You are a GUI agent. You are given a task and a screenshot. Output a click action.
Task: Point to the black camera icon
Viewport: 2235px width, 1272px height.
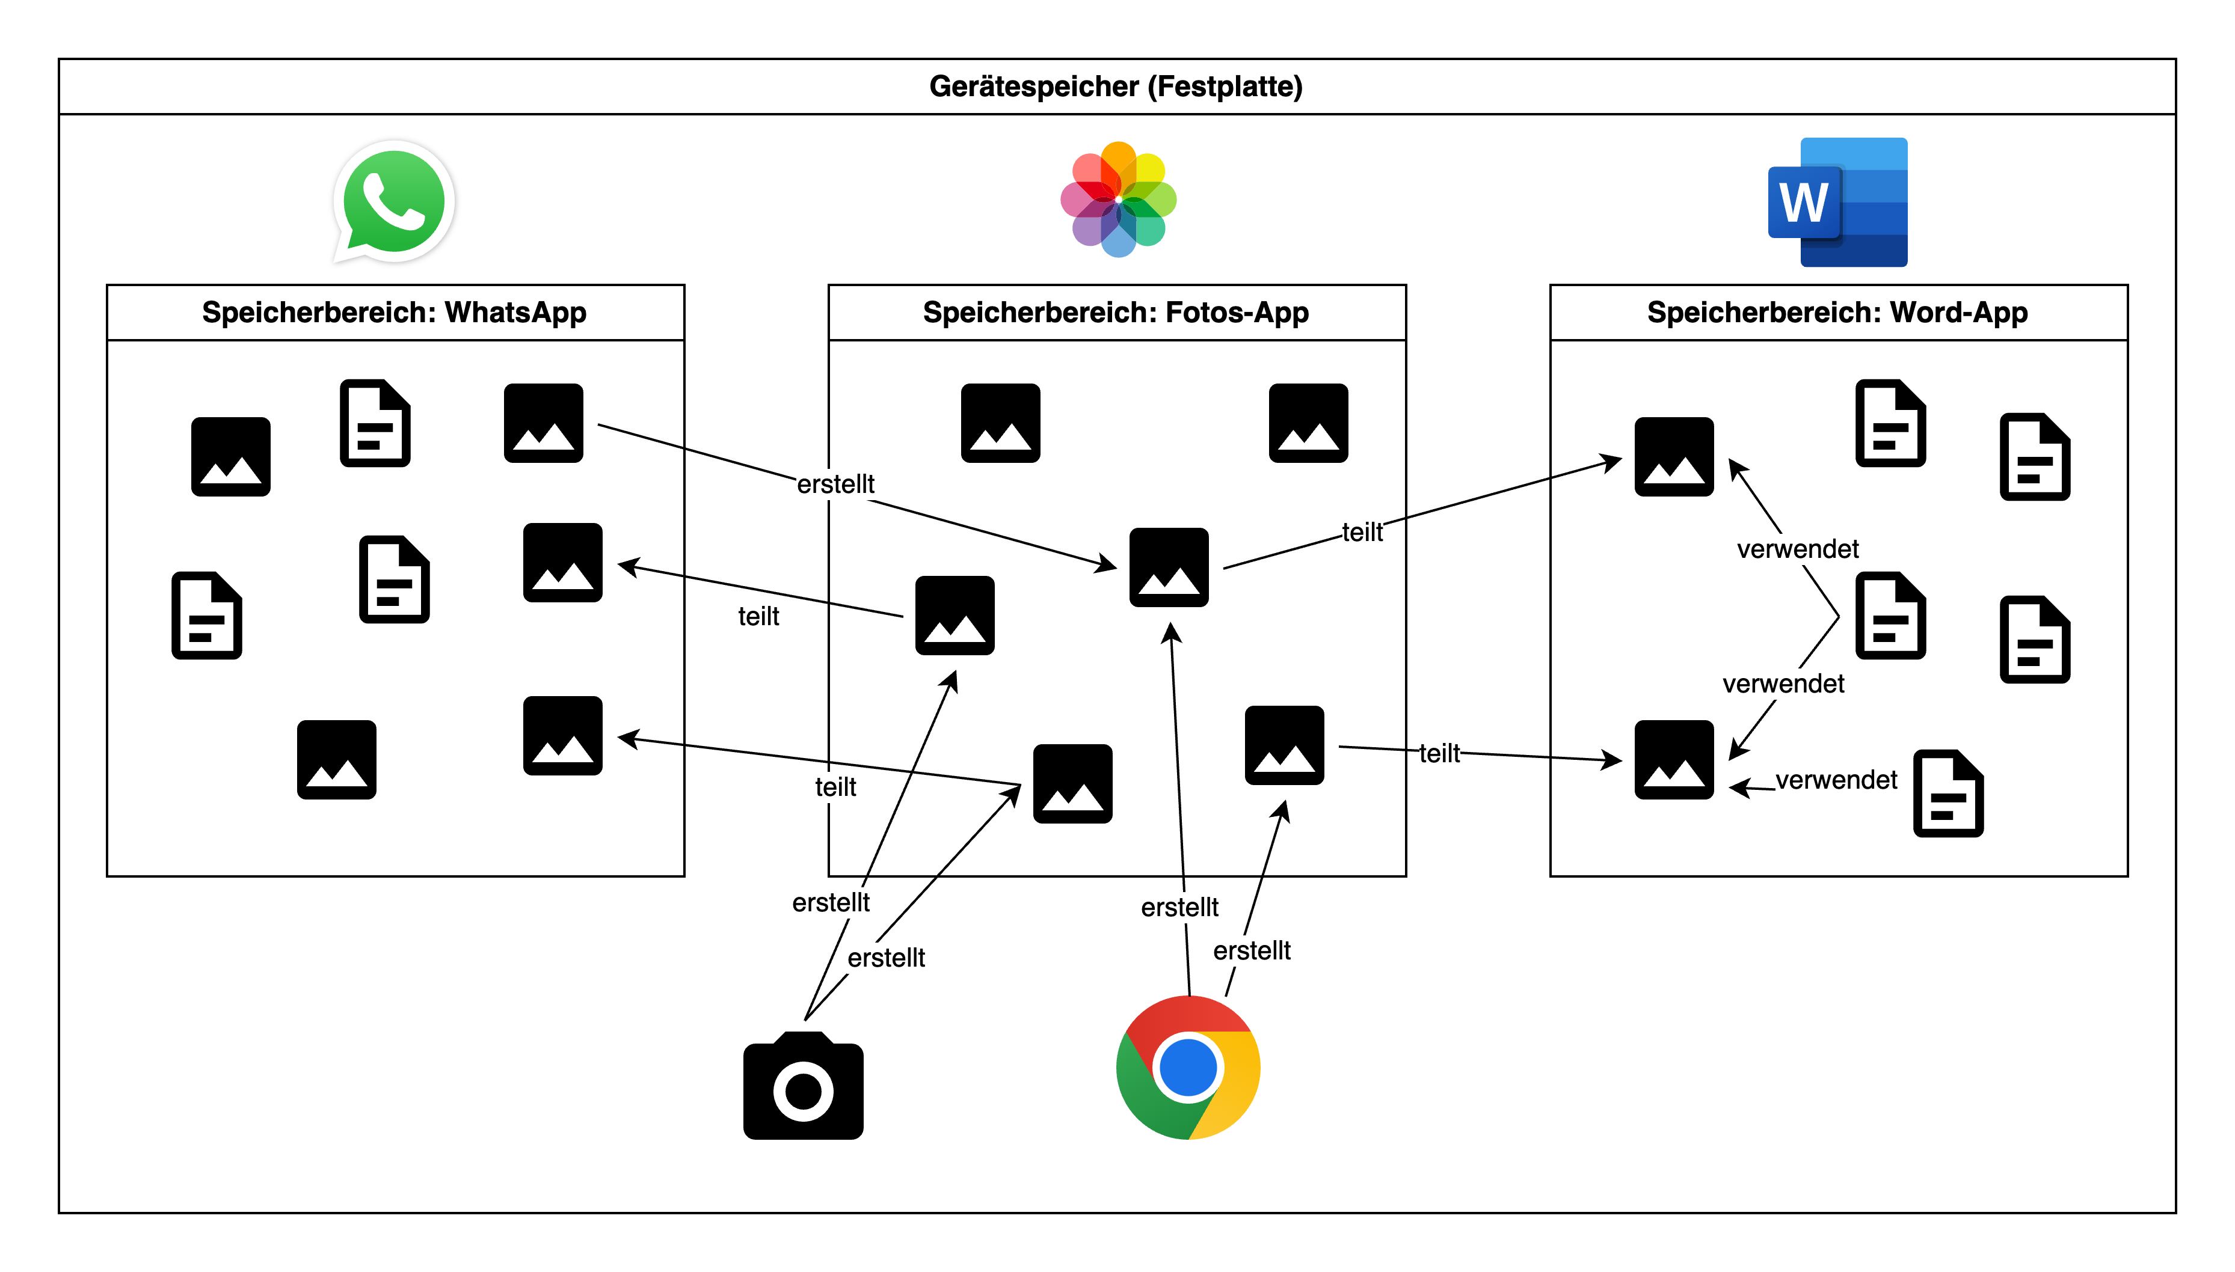tap(802, 1086)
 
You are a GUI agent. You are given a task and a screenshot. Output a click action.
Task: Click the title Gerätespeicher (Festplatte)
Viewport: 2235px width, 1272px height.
tap(1115, 87)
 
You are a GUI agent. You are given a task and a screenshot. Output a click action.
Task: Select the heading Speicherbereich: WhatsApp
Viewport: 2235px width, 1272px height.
tap(393, 312)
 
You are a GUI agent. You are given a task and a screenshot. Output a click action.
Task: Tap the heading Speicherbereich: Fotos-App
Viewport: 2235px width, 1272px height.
tap(1115, 312)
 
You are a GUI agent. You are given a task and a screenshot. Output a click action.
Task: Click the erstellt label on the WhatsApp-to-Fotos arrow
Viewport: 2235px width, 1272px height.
tap(835, 483)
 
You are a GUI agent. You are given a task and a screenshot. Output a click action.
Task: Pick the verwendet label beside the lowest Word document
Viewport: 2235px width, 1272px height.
tap(1836, 779)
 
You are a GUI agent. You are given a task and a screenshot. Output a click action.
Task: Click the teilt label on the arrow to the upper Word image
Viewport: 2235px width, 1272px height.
tap(1362, 532)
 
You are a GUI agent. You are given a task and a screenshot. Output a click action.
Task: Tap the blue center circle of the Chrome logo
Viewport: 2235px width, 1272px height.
tap(1187, 1066)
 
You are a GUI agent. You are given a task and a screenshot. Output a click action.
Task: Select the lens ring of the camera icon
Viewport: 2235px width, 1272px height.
tap(802, 1090)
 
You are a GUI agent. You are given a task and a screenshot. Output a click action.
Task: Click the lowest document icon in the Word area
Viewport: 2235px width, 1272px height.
tap(1948, 793)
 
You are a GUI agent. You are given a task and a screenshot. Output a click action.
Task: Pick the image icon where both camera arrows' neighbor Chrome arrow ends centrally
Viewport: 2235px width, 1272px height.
tap(1168, 567)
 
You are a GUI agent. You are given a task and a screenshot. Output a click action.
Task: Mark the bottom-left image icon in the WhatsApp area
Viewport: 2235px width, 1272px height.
tap(337, 759)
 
